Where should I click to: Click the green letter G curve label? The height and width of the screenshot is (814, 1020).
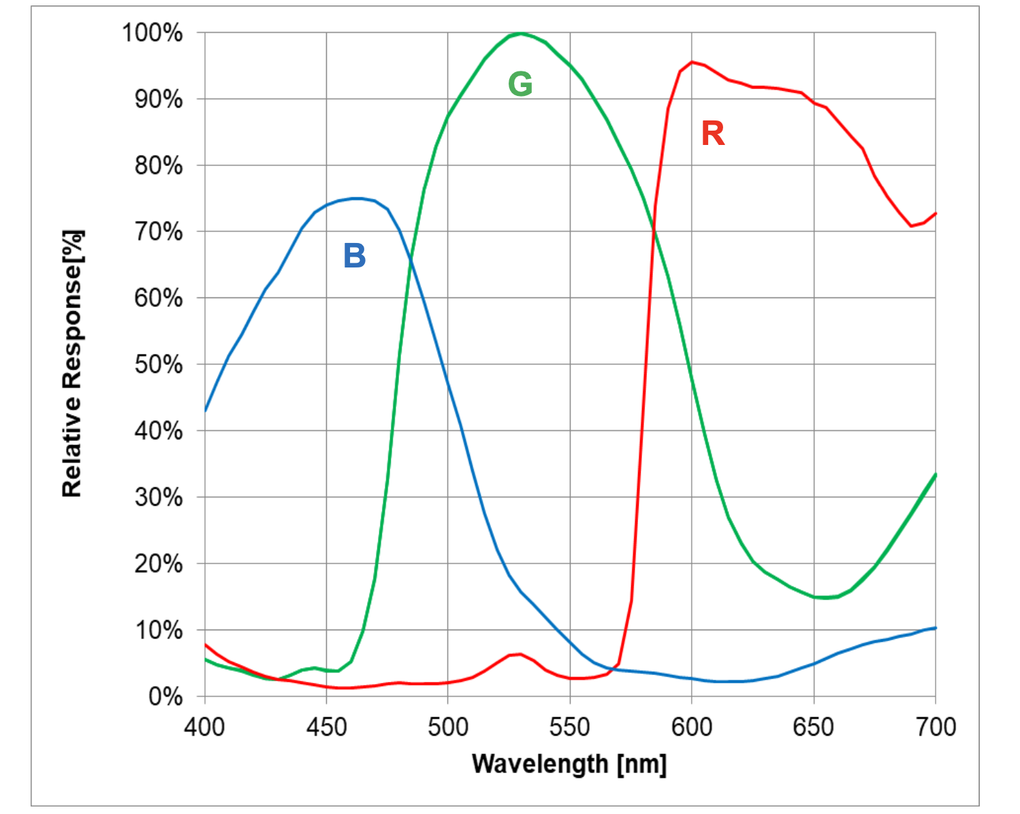520,84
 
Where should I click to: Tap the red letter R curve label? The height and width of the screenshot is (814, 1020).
713,133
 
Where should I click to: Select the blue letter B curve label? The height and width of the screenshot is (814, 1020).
355,256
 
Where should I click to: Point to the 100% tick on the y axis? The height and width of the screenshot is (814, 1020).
152,33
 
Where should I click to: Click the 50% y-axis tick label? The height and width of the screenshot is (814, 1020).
158,365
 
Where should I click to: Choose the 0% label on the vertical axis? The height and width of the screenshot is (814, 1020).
165,697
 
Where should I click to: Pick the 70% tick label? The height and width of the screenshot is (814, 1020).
158,232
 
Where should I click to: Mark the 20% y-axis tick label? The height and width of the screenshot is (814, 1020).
158,564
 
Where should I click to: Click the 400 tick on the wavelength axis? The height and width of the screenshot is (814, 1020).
204,727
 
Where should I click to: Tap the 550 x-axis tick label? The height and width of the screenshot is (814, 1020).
570,727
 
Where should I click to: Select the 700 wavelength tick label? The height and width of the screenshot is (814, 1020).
936,727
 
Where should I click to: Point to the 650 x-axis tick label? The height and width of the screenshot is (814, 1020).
814,727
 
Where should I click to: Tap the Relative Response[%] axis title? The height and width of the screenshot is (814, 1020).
72,363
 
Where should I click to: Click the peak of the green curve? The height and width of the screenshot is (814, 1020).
521,33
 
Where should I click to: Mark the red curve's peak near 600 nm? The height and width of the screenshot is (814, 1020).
692,62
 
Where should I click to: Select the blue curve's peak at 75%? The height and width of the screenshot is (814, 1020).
357,198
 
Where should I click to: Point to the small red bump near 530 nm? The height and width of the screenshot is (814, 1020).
520,654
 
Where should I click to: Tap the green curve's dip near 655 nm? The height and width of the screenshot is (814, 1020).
825,598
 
